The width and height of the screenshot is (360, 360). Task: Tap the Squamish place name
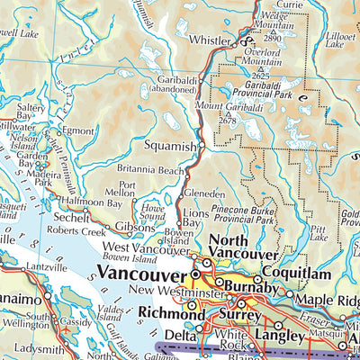tap(169, 145)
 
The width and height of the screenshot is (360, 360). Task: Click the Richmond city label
tap(170, 313)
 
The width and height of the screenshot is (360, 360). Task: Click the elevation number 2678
tap(227, 121)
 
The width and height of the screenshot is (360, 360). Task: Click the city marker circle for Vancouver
tap(195, 274)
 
